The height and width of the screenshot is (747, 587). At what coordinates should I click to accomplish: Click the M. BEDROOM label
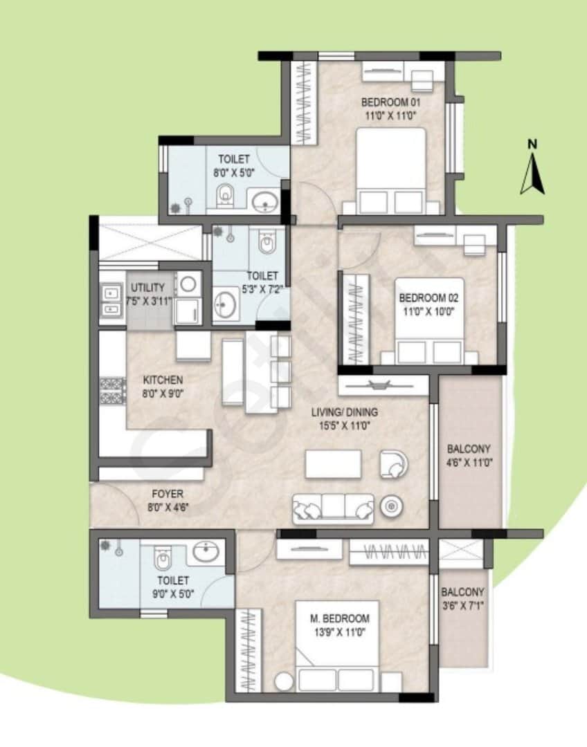[x=339, y=618]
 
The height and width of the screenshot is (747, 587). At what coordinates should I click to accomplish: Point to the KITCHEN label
[x=163, y=380]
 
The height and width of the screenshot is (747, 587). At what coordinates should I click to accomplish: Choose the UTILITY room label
[x=147, y=288]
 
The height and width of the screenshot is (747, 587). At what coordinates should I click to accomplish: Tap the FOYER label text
[x=167, y=494]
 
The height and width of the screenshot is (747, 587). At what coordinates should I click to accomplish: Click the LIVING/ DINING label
[x=344, y=412]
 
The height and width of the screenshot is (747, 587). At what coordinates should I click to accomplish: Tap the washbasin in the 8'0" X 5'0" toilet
[x=265, y=202]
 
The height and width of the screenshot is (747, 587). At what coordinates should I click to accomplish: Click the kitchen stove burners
[x=109, y=391]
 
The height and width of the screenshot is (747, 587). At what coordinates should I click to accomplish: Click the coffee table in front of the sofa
[x=333, y=463]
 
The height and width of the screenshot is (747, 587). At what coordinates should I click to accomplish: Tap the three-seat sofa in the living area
[x=334, y=509]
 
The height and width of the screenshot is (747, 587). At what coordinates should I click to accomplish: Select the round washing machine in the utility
[x=187, y=284]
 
